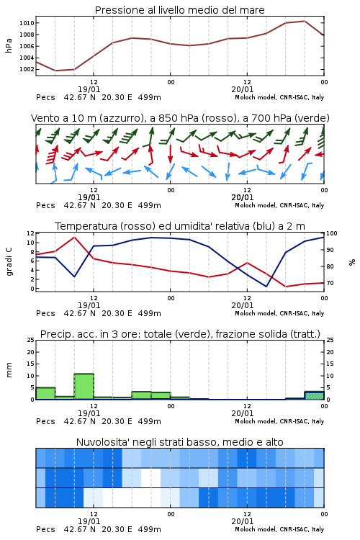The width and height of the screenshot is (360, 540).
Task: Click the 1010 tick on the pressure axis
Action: [27, 23]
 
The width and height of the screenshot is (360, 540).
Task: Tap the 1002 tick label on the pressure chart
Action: [27, 69]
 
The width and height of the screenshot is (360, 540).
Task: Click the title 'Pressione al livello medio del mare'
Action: [180, 10]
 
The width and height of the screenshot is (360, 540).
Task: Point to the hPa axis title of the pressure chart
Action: [9, 45]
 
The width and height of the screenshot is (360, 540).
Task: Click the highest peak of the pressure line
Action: [305, 21]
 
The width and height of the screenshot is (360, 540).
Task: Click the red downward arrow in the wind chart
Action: [170, 154]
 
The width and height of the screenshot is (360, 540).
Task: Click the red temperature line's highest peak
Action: [74, 237]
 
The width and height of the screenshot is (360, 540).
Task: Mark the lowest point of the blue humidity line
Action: [266, 286]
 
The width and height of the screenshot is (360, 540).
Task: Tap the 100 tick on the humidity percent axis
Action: [332, 233]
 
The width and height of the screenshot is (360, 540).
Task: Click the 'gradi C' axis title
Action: [9, 261]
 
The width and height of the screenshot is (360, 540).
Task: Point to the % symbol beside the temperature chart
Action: [352, 262]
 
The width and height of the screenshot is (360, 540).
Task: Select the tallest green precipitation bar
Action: [84, 387]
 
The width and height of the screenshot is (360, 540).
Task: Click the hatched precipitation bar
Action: [314, 395]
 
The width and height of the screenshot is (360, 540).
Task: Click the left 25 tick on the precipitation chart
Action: [31, 340]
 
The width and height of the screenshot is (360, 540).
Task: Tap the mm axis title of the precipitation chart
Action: [9, 369]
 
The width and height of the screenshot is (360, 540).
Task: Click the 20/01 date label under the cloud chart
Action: [243, 521]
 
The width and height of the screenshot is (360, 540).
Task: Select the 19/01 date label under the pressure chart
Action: [89, 89]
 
